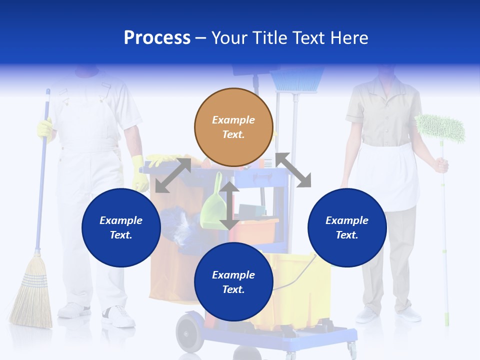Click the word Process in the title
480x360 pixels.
[x=157, y=37]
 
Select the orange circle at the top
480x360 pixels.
[x=233, y=127]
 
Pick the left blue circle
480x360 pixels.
[x=121, y=227]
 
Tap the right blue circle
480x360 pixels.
[x=347, y=227]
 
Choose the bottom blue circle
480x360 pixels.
[x=233, y=282]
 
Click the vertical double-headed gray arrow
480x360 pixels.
[x=229, y=205]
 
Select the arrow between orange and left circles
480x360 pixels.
[x=173, y=175]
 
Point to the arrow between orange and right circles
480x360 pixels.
[x=293, y=170]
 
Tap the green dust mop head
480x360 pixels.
[x=440, y=128]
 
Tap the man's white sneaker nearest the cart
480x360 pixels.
[x=118, y=316]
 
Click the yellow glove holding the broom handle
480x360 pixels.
[x=45, y=129]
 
